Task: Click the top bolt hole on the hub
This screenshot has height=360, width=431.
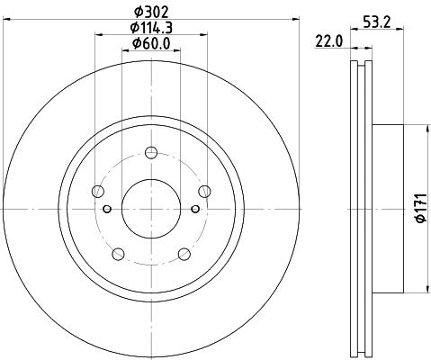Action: click(150, 152)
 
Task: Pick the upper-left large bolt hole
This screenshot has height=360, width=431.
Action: click(97, 190)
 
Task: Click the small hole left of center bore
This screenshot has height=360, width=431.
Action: click(107, 210)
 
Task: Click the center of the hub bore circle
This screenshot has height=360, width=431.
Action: click(150, 210)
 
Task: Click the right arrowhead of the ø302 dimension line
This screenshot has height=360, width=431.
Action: click(294, 19)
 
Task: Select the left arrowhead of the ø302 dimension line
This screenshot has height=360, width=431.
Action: click(7, 19)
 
